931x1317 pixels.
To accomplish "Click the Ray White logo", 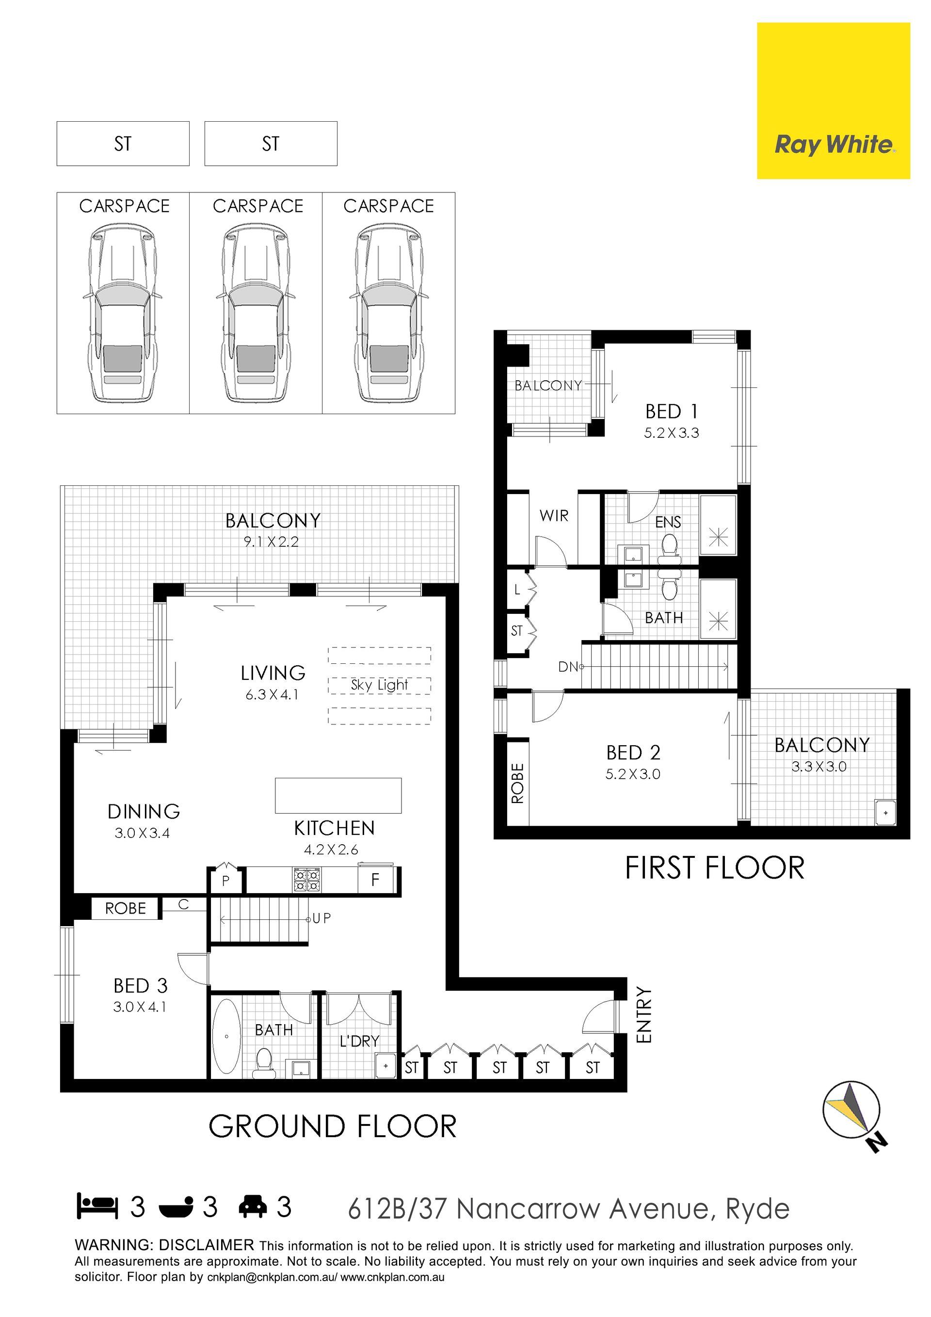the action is point(833,101).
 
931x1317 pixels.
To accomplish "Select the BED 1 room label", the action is point(671,411).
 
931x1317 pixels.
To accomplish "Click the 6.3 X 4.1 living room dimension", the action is point(273,695).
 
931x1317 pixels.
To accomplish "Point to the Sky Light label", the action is point(379,684).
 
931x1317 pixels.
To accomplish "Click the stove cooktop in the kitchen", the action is point(307,880).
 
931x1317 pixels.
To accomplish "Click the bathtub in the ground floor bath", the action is point(226,1036).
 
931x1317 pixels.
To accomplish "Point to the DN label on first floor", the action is point(568,667).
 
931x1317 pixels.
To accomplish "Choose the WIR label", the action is point(554,515).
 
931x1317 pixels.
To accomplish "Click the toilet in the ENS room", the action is point(669,548).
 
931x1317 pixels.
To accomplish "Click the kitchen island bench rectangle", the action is point(338,795).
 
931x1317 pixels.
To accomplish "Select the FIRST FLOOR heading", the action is point(715,868).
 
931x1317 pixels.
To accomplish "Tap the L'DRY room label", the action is point(360,1041).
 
